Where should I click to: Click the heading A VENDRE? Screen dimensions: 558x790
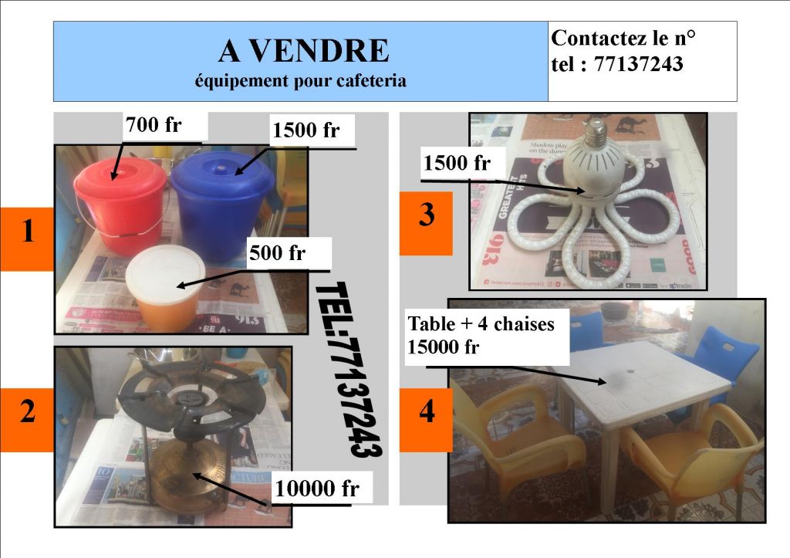tap(303, 51)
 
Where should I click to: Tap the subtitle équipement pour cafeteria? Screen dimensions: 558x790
tap(300, 80)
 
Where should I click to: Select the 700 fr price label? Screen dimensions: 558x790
tap(154, 124)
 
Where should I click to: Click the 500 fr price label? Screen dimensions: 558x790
tap(278, 253)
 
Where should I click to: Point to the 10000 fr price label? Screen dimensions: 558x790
tap(317, 489)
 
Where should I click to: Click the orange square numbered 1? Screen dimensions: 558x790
tap(28, 232)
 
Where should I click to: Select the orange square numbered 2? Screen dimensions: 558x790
tap(28, 412)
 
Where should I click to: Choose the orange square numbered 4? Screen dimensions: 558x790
tap(426, 412)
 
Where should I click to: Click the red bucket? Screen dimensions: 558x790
tap(120, 208)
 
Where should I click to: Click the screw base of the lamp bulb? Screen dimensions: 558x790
tap(595, 133)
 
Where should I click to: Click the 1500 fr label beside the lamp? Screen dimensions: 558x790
tap(457, 163)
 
